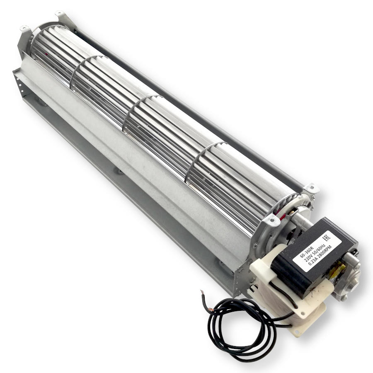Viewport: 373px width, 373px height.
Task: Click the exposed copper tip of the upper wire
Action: pyautogui.click(x=202, y=292)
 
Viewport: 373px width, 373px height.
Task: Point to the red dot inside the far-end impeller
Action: pyautogui.click(x=46, y=54)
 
